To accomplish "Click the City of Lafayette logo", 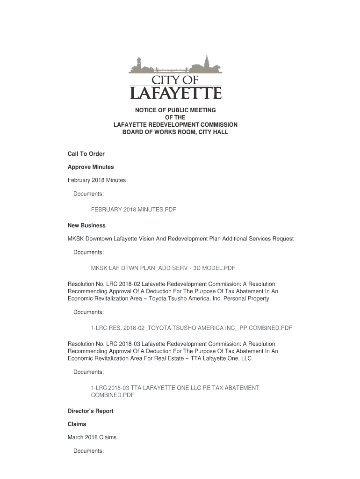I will (175, 77).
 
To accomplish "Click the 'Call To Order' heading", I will (86, 154).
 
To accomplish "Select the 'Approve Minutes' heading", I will (91, 167).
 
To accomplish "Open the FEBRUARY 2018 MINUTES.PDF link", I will (133, 210).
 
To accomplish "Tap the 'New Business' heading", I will (86, 225).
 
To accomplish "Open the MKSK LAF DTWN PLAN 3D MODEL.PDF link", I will (163, 268).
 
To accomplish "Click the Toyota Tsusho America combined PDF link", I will (191, 328).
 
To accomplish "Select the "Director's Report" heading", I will (91, 411).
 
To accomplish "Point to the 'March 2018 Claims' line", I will (92, 437).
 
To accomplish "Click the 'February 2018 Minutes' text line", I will (97, 180).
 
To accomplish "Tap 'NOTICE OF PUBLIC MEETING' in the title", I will (175, 110).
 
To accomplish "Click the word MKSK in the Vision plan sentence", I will (76, 239).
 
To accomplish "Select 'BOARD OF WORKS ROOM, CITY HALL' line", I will (175, 132).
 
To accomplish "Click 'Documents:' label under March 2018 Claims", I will (88, 451).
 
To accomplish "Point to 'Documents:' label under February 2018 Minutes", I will (88, 194).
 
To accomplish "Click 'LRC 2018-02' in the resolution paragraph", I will (122, 284).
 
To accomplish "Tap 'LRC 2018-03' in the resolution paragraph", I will (122, 344).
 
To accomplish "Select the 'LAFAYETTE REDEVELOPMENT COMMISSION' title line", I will (175, 125).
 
